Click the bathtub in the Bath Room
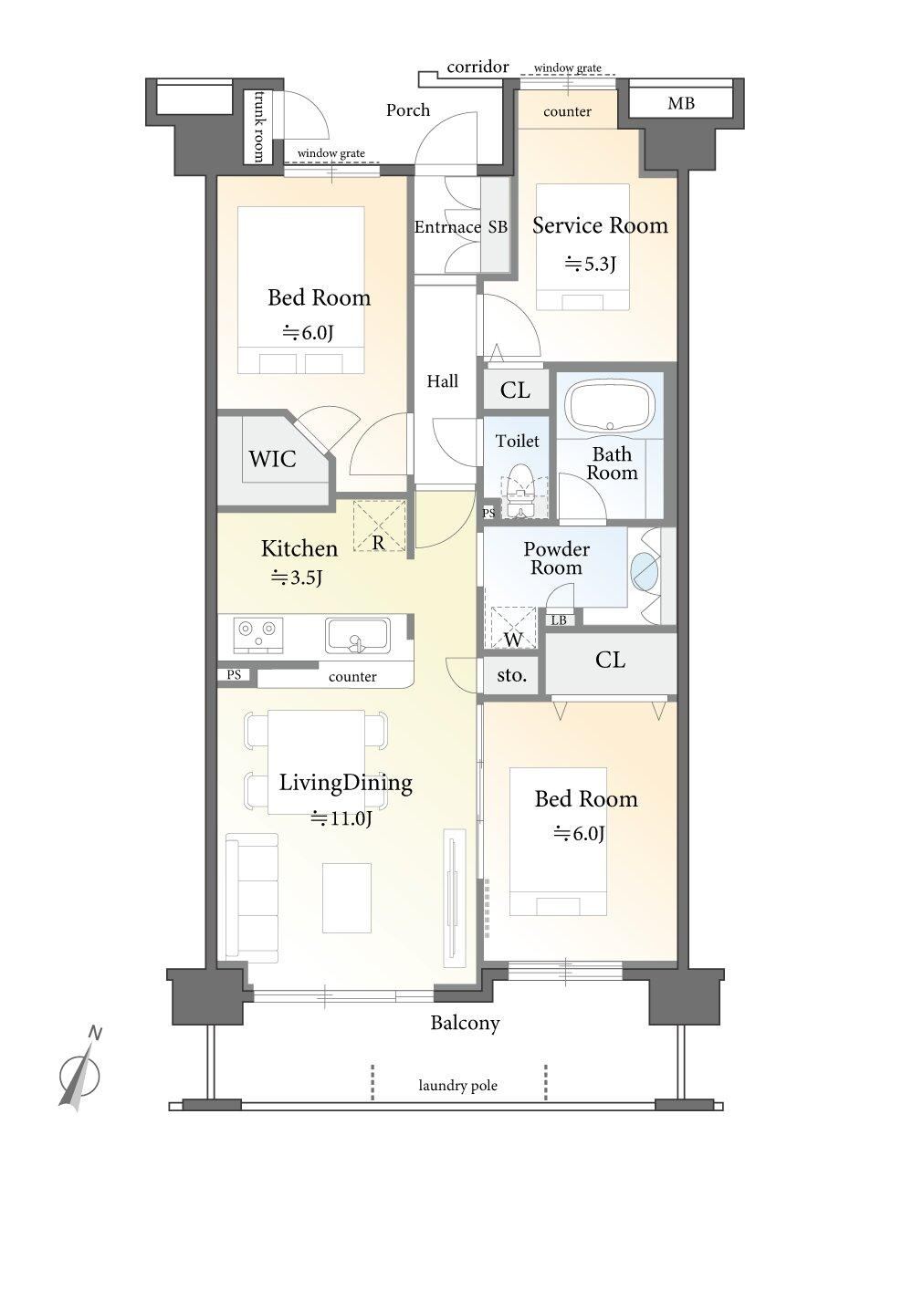click(611, 406)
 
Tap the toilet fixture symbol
click(520, 490)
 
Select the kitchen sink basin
click(357, 636)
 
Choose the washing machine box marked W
click(513, 629)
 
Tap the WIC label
click(272, 459)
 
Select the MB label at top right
click(680, 104)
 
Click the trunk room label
click(257, 126)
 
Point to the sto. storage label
click(511, 674)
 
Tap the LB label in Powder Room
click(559, 620)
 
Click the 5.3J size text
click(591, 264)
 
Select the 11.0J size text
click(341, 817)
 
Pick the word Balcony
click(465, 1024)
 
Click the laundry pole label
click(457, 1086)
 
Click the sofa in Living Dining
click(252, 898)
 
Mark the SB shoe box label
click(498, 227)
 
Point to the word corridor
click(477, 67)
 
